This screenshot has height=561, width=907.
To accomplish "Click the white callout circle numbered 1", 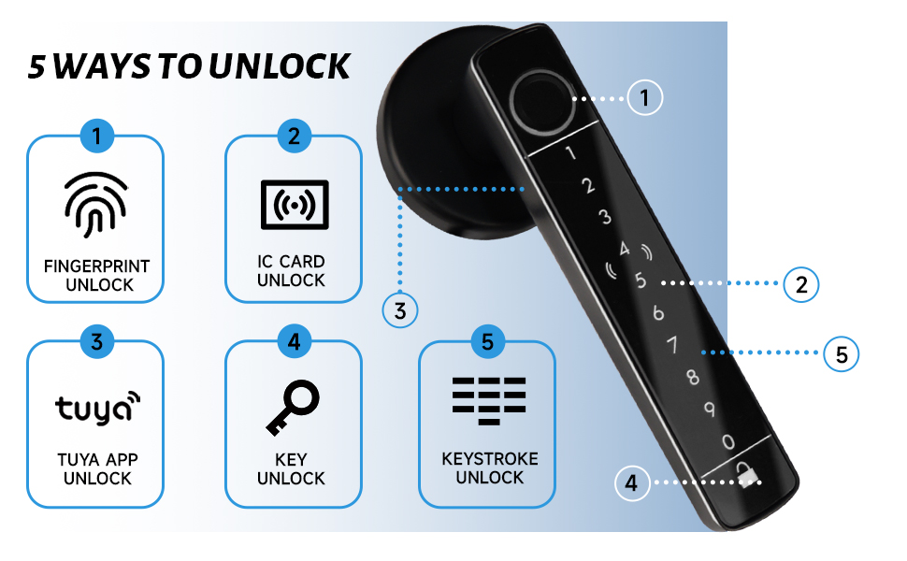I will (645, 96).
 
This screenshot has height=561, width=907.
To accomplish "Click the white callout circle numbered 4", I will (632, 483).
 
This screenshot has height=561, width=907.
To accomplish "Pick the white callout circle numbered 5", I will (842, 354).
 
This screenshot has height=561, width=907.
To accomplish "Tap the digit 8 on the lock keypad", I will (692, 378).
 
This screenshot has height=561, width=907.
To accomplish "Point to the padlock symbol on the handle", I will (746, 476).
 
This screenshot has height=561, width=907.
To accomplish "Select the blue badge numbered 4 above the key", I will (294, 341).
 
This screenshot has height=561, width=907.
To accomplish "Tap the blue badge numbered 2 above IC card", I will (294, 137).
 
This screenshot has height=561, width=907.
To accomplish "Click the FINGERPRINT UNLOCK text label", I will (96, 276).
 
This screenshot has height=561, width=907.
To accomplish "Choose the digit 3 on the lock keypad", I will (605, 218).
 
